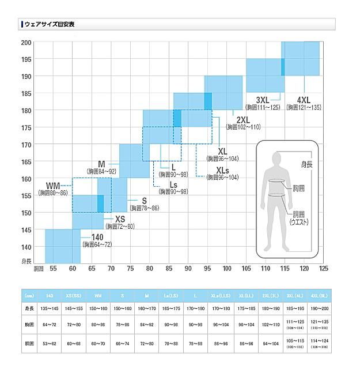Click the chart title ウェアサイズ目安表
[x=50, y=24]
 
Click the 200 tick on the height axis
[x=26, y=43]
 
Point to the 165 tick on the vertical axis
[x=26, y=161]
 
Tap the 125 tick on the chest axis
[x=323, y=269]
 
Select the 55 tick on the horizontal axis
[x=53, y=269]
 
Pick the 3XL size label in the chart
[x=263, y=99]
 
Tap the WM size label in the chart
[x=53, y=186]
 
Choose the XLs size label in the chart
[x=222, y=170]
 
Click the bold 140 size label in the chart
[x=97, y=237]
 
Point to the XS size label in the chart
[x=120, y=219]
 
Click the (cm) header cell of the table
[x=28, y=296]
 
